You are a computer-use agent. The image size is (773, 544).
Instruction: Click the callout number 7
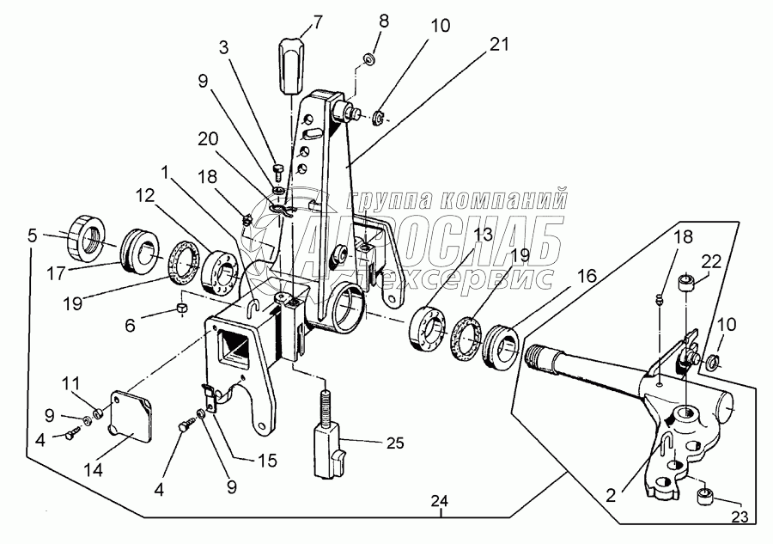click(x=318, y=22)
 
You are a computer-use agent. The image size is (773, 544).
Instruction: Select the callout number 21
click(x=498, y=45)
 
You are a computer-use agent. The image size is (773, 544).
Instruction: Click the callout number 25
click(x=394, y=443)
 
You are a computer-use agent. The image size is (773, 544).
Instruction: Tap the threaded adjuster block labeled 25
click(x=328, y=442)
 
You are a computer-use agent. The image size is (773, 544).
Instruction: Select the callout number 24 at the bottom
click(x=439, y=501)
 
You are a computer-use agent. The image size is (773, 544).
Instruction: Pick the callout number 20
click(x=208, y=139)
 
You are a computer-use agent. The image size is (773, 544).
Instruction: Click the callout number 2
click(x=611, y=495)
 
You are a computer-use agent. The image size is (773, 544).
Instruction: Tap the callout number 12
click(x=145, y=198)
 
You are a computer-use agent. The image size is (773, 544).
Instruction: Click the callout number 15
click(x=267, y=460)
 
